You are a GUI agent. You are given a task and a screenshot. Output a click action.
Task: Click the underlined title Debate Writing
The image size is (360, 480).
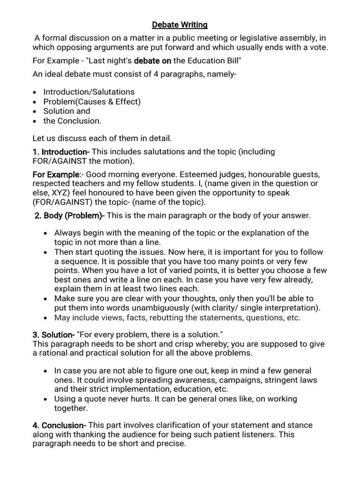[180, 24]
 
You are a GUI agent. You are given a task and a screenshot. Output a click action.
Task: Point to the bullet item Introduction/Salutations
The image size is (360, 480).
[89, 92]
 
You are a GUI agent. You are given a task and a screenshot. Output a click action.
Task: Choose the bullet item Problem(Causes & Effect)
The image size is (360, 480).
[92, 101]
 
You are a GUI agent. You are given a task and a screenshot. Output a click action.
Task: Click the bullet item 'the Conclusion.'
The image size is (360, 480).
[72, 120]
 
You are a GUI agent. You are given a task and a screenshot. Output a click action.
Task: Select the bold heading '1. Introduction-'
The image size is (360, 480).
[60, 152]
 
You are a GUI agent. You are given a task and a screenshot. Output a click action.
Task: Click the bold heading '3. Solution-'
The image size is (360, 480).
[53, 335]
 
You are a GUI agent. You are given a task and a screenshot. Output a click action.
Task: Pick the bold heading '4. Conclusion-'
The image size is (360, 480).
[59, 425]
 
